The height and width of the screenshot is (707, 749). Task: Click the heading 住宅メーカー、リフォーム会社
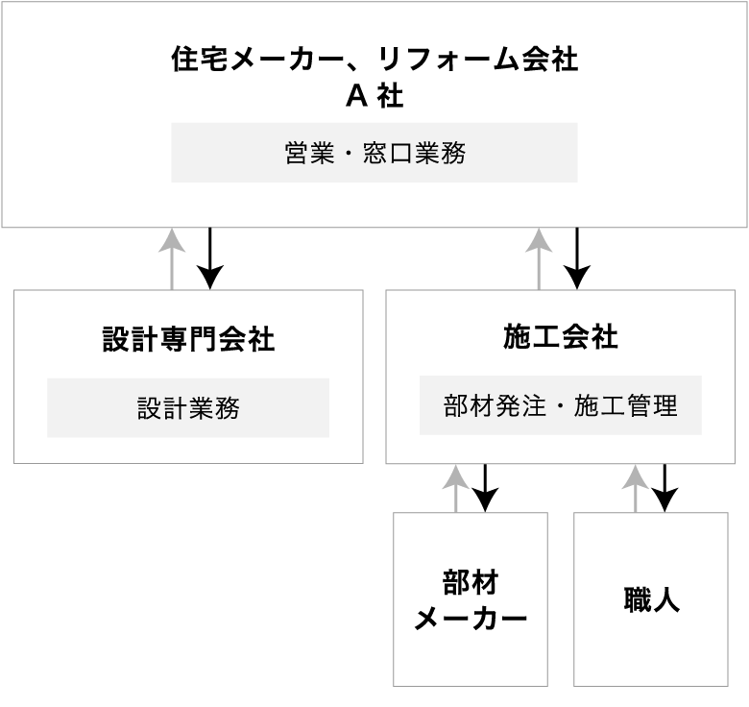[x=374, y=60]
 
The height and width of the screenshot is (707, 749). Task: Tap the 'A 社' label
[x=374, y=96]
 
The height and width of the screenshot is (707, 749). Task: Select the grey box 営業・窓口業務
[x=374, y=152]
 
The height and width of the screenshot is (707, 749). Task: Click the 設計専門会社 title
[x=188, y=339]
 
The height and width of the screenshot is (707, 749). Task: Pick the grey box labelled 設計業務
[x=188, y=407]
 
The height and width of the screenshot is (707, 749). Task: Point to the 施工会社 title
[x=561, y=337]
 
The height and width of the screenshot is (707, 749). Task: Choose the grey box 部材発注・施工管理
[x=561, y=405]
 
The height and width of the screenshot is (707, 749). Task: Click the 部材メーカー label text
[x=471, y=599]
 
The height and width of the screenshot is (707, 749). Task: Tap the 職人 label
[x=651, y=600]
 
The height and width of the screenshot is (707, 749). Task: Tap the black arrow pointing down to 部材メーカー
[x=486, y=488]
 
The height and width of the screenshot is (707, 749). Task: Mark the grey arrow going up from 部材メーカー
[x=456, y=488]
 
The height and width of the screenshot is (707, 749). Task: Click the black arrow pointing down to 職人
[x=664, y=488]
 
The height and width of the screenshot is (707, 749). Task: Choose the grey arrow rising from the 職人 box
[x=635, y=488]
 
